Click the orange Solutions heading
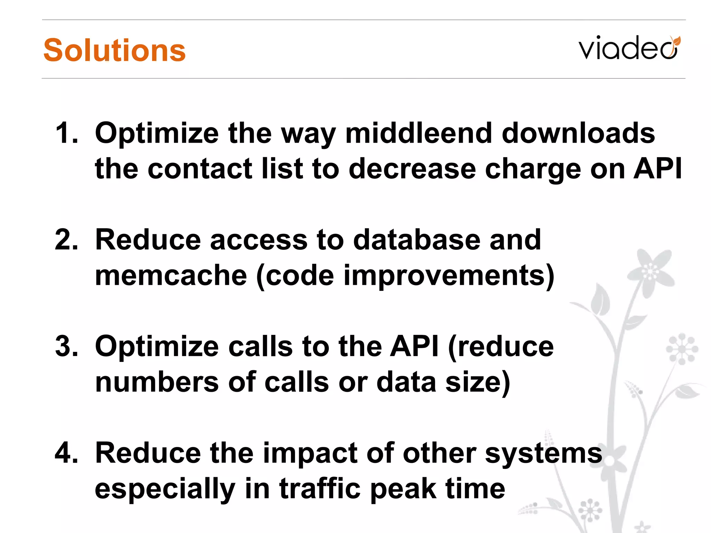115,50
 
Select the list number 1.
67,133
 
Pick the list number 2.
67,240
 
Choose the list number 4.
67,453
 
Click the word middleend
419,133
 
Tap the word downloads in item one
578,133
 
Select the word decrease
412,169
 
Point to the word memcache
171,276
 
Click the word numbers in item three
157,382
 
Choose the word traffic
320,489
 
